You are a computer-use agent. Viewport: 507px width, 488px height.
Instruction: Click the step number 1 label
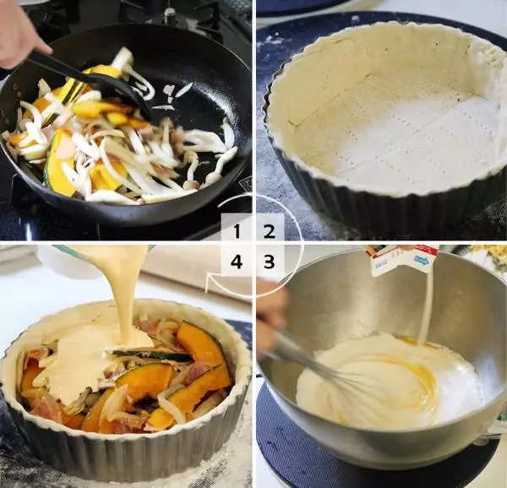pos(237,231)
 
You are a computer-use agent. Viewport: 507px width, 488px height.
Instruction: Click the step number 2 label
pos(269,231)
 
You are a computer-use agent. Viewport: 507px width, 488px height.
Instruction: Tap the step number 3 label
pos(269,262)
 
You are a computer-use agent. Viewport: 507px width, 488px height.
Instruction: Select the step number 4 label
pos(237,262)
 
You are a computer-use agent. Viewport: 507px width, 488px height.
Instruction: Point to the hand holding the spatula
pos(19,35)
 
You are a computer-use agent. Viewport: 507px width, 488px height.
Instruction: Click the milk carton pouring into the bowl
pos(402,260)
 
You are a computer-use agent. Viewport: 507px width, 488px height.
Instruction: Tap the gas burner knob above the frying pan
pos(168,14)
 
